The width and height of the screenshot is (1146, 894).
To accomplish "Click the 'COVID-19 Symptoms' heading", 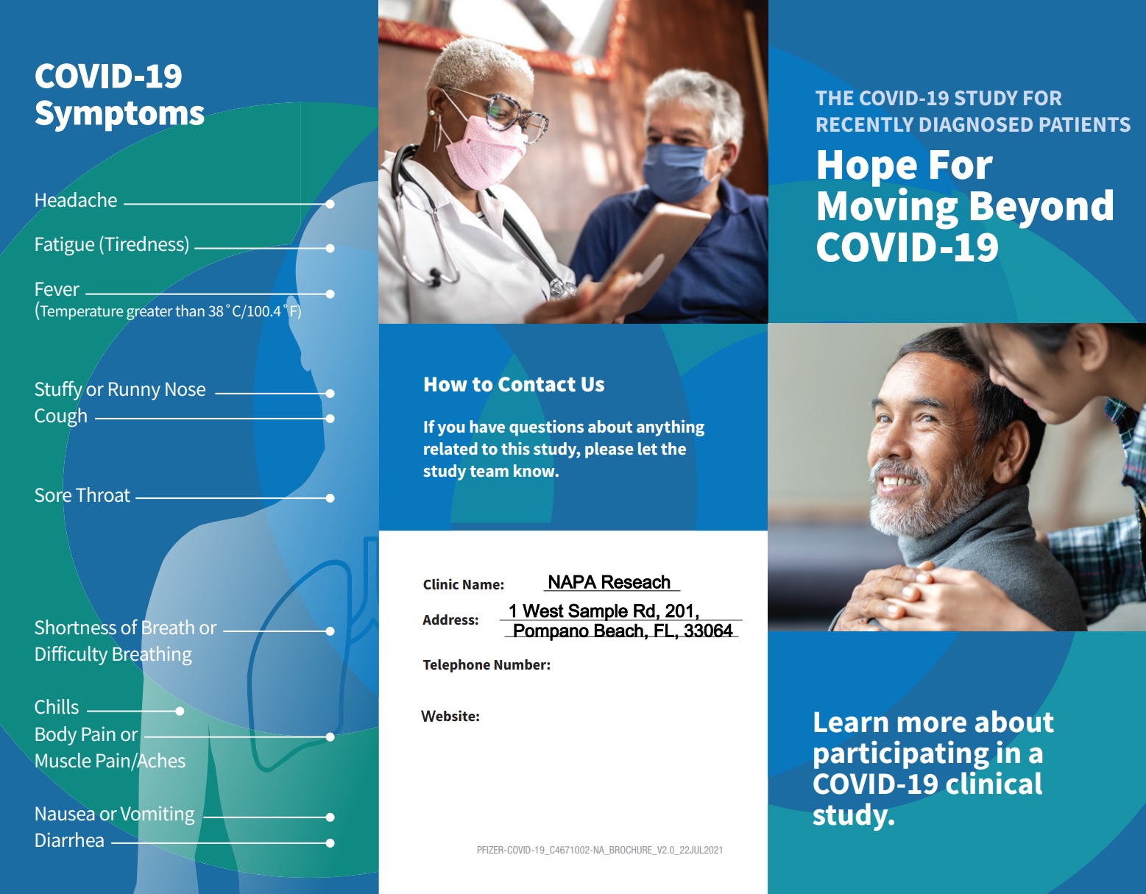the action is [119, 95].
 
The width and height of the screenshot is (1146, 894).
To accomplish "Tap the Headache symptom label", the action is [76, 200].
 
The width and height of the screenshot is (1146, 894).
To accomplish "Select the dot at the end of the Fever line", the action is [330, 294].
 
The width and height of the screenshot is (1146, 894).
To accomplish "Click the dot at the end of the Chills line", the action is [180, 711].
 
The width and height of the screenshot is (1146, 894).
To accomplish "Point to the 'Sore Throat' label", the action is [82, 495].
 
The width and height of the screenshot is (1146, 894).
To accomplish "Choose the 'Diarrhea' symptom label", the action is [69, 840].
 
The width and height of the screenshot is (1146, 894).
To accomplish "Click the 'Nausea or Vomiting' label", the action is [114, 815].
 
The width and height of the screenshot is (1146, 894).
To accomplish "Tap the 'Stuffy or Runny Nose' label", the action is [120, 389].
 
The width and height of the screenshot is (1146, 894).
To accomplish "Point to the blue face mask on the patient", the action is [676, 171].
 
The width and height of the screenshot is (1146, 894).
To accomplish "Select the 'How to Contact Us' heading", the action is [514, 385].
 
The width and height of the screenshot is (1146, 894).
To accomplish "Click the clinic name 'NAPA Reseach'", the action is [609, 582].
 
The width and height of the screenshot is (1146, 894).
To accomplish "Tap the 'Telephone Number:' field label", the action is [487, 664].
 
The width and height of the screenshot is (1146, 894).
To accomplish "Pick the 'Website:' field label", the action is [450, 716].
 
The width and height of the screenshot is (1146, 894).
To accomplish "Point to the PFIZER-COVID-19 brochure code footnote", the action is [600, 850].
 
